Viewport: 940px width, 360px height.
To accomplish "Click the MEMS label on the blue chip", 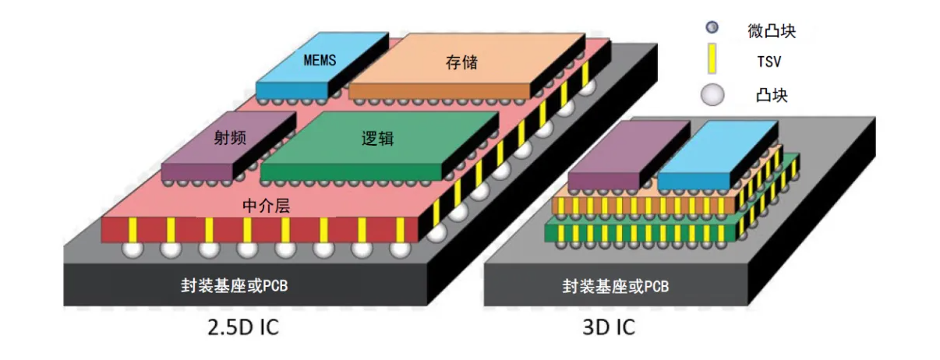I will point(320,60).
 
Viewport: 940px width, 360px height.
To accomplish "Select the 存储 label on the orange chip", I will point(461,62).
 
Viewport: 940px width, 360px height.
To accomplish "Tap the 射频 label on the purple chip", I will point(230,139).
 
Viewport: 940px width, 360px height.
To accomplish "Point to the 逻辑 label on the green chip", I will point(377,139).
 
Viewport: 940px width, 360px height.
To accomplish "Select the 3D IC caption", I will point(608,327).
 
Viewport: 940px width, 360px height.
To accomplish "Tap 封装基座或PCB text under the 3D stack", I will point(616,286).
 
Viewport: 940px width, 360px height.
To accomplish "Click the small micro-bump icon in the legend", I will point(712,29).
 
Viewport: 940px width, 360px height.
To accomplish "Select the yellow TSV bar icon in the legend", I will point(712,59).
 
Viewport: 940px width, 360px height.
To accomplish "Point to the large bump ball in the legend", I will point(712,94).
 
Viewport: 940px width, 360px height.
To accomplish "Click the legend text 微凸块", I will point(772,31).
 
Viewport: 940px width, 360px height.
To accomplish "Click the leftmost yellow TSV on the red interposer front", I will point(133,229).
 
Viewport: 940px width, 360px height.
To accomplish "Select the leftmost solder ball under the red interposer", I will point(133,250).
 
